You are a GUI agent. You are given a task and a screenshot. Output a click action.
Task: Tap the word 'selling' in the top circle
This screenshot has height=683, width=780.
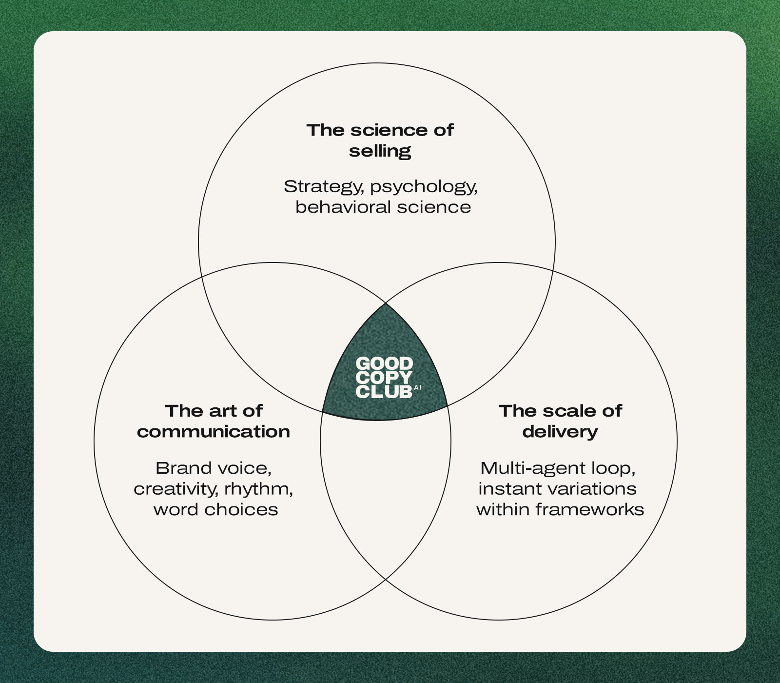[380, 151]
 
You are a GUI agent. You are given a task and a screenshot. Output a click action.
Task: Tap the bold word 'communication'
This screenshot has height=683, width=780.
[214, 431]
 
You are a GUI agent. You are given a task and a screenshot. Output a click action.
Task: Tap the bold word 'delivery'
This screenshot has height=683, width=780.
[560, 431]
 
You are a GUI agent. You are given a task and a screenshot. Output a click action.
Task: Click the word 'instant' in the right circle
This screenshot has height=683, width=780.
[506, 488]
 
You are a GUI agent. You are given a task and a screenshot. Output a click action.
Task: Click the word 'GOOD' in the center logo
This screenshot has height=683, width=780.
[384, 363]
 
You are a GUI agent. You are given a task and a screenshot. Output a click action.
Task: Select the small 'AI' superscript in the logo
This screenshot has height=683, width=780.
[417, 388]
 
